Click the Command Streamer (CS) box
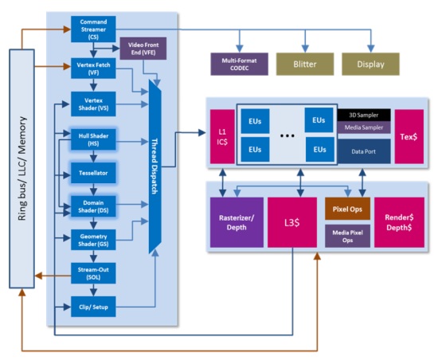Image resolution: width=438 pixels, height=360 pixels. click(93, 29)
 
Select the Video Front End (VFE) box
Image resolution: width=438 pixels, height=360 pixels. click(143, 49)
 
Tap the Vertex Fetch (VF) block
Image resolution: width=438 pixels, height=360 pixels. click(93, 68)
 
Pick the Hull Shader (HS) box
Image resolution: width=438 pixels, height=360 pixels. click(93, 139)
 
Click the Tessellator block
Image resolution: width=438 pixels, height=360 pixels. click(93, 173)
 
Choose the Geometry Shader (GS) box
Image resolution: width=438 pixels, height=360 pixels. click(93, 240)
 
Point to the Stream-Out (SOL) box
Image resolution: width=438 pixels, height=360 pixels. click(93, 273)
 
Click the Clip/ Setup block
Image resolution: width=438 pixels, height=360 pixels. click(93, 307)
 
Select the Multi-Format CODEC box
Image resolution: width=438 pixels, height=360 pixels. click(240, 65)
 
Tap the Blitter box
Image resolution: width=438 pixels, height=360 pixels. click(305, 65)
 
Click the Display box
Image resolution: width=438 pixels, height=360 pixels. click(370, 65)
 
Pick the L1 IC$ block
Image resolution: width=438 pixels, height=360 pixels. click(222, 136)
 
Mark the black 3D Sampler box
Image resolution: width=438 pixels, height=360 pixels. click(364, 115)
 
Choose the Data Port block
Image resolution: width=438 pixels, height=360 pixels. click(364, 151)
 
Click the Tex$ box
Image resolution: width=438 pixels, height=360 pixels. click(409, 136)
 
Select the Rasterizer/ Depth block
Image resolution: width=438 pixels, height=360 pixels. click(237, 222)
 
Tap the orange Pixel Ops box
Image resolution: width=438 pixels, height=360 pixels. click(347, 209)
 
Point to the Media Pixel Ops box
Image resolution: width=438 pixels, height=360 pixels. click(347, 236)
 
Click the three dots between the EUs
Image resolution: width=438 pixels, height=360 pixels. click(287, 135)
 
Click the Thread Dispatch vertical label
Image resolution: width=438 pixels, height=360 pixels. click(154, 166)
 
